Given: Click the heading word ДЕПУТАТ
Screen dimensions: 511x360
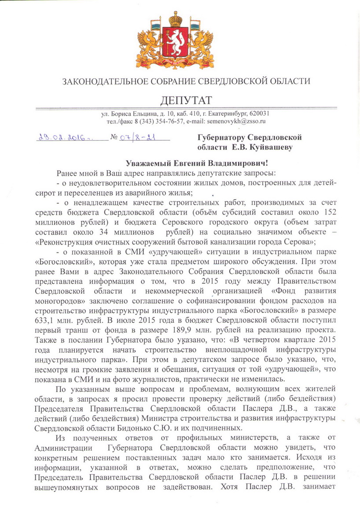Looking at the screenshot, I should (180, 100).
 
